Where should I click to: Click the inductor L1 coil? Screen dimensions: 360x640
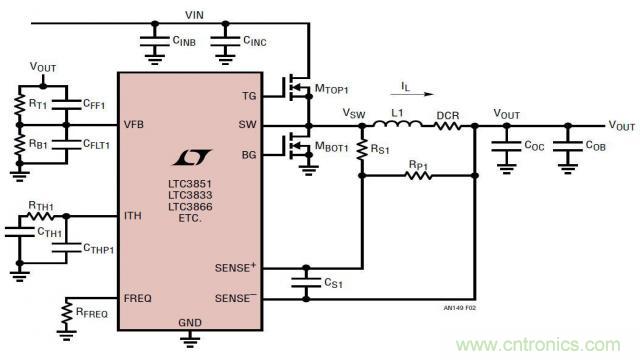(x=396, y=125)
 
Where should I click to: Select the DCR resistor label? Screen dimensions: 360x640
(x=447, y=114)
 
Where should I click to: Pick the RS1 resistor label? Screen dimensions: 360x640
(x=381, y=150)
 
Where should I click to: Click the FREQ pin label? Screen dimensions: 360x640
(x=138, y=297)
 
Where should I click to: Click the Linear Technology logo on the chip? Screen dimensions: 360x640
(x=189, y=159)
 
